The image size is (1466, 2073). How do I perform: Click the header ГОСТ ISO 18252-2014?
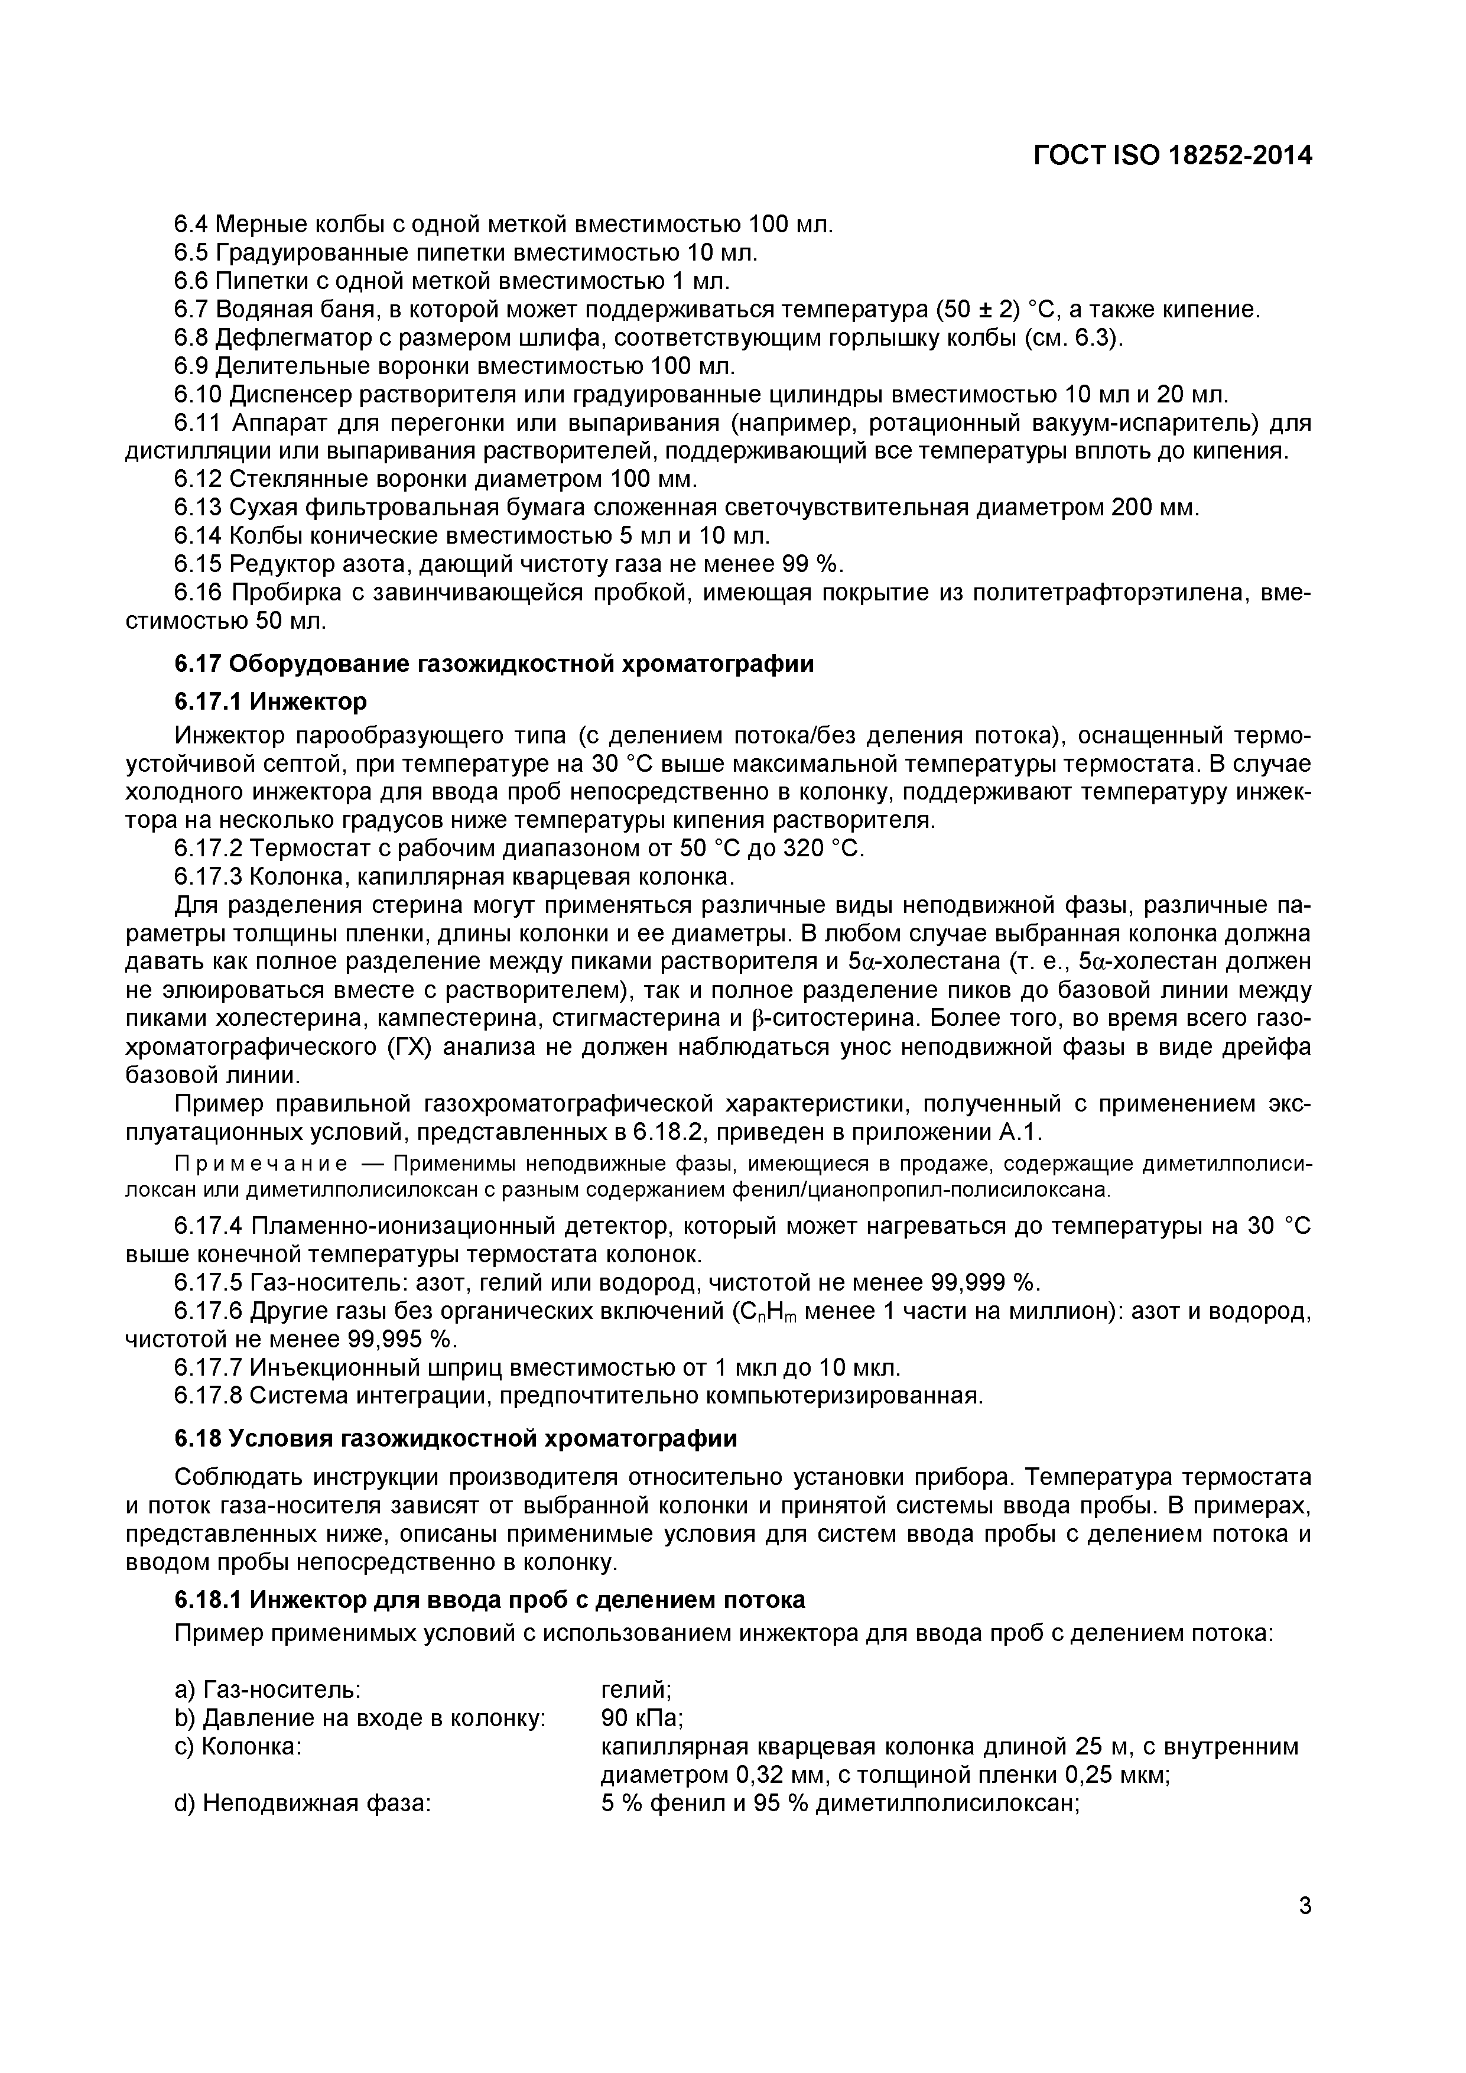pyautogui.click(x=1172, y=156)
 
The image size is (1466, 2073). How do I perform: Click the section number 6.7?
pyautogui.click(x=191, y=310)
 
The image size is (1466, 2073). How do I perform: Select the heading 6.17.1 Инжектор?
pyautogui.click(x=270, y=701)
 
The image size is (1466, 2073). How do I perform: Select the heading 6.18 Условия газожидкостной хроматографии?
pyautogui.click(x=455, y=1438)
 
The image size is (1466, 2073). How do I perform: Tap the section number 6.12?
pyautogui.click(x=199, y=479)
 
